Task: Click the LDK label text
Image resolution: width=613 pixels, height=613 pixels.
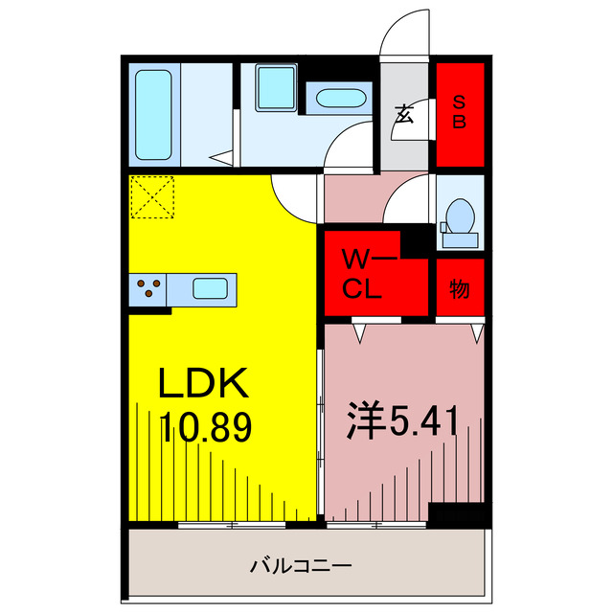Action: (x=203, y=383)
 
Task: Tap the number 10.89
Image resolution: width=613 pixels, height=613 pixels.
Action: (x=206, y=427)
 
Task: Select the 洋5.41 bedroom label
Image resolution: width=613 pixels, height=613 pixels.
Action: (x=402, y=421)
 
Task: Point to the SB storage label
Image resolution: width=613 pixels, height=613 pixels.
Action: (x=460, y=112)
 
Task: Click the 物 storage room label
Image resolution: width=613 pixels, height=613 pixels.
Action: (x=460, y=289)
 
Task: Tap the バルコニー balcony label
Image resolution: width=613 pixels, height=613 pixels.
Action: (x=301, y=566)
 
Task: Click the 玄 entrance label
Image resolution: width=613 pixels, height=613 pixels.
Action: (x=404, y=114)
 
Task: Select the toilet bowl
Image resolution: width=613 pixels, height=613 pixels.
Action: (x=460, y=216)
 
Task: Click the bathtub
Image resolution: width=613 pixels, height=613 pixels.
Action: (x=153, y=115)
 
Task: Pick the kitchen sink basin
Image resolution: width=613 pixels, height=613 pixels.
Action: (x=210, y=288)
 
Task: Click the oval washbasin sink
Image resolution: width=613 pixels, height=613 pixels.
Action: (x=341, y=98)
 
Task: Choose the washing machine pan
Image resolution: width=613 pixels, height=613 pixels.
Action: (x=276, y=87)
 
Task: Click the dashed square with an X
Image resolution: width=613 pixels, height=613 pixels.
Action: (x=152, y=197)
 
